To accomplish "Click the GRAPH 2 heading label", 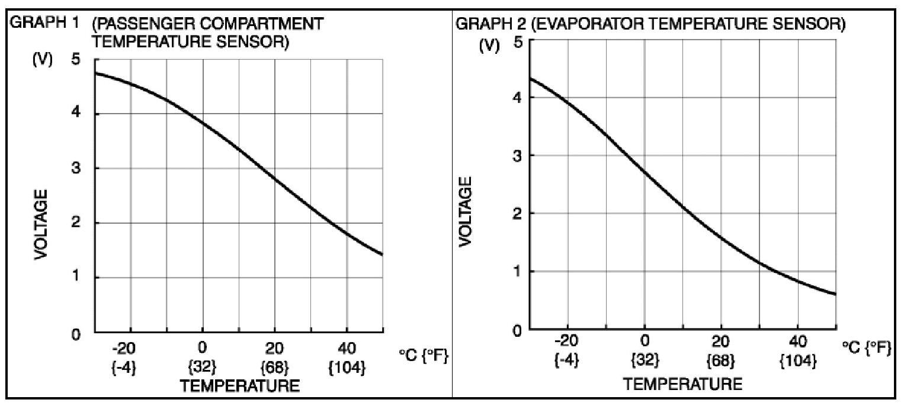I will pos(483,25).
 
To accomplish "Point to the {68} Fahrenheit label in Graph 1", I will pos(275,368).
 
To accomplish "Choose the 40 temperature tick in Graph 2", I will pos(798,341).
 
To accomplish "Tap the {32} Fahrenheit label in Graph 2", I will pos(645,360).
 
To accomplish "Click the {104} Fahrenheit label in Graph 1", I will pos(347,368).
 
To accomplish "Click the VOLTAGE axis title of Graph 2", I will pos(466,211).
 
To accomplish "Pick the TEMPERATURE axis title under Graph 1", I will pos(240,386).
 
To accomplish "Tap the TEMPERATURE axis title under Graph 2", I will pos(682,384).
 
